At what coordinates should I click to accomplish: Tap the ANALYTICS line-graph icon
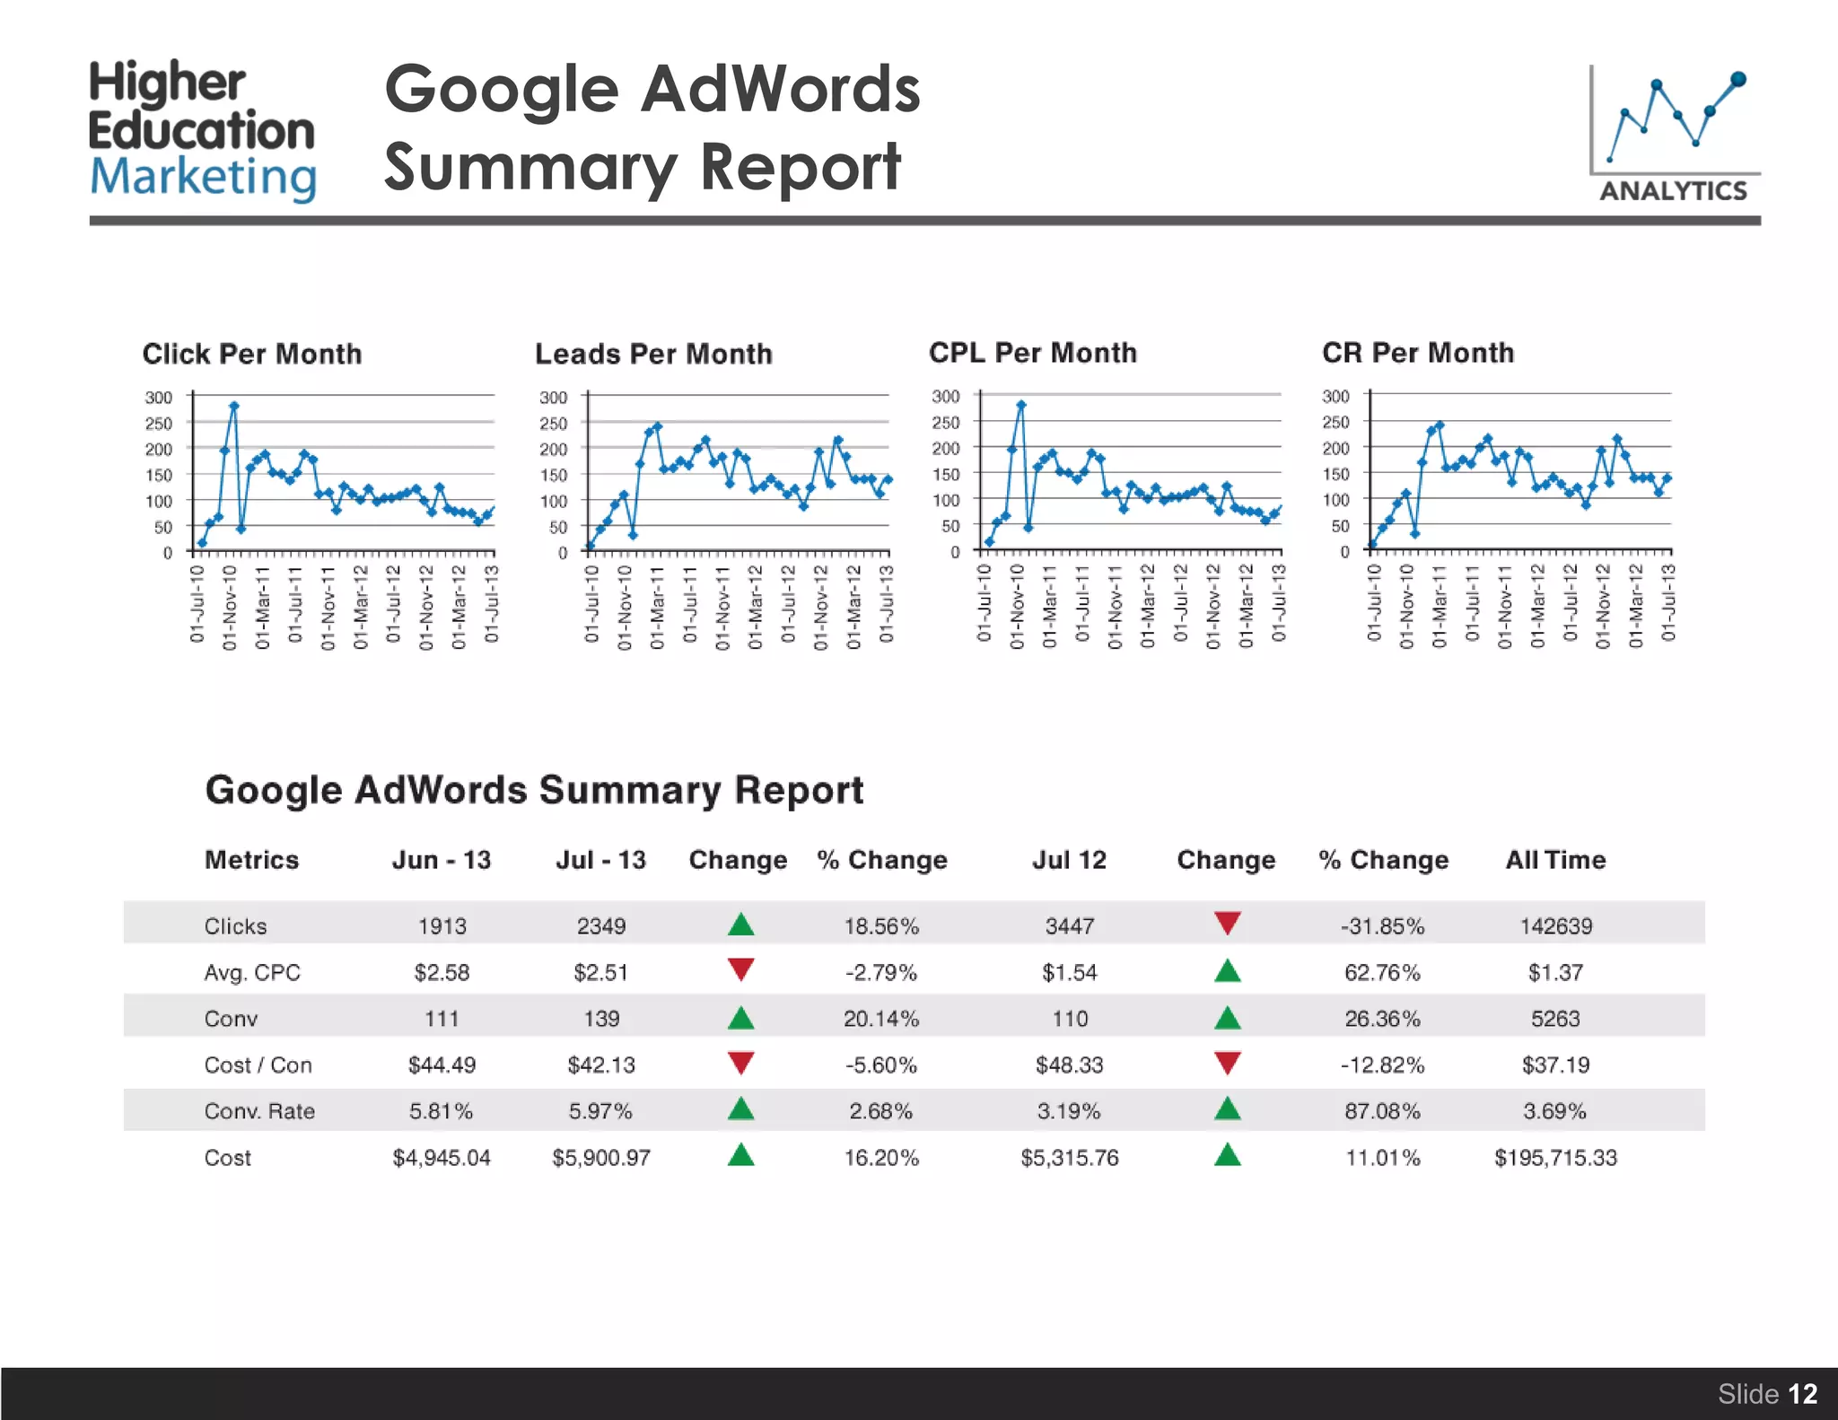coord(1673,135)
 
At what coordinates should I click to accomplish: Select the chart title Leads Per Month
coord(653,354)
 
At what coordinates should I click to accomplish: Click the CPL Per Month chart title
coord(1032,353)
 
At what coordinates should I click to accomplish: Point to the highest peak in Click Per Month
coord(234,406)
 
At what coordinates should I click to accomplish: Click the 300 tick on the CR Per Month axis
coord(1335,396)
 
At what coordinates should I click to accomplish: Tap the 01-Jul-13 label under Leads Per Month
coord(886,603)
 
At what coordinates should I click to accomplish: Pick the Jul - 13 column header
coord(600,860)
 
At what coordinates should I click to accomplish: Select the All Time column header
coord(1554,860)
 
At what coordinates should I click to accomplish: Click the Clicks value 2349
coord(600,925)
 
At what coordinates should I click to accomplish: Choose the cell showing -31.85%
coord(1382,925)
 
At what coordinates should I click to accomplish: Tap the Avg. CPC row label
coord(252,972)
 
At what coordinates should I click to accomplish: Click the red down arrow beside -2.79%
coord(740,969)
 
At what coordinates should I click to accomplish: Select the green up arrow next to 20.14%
coord(740,1018)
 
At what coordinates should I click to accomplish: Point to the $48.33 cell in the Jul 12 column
coord(1069,1065)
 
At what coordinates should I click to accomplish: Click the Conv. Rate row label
coord(259,1111)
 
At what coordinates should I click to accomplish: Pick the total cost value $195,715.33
coord(1554,1158)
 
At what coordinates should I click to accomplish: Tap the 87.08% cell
coord(1382,1111)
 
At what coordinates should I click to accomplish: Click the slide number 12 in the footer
coord(1802,1393)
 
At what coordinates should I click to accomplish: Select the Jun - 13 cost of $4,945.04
coord(442,1158)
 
